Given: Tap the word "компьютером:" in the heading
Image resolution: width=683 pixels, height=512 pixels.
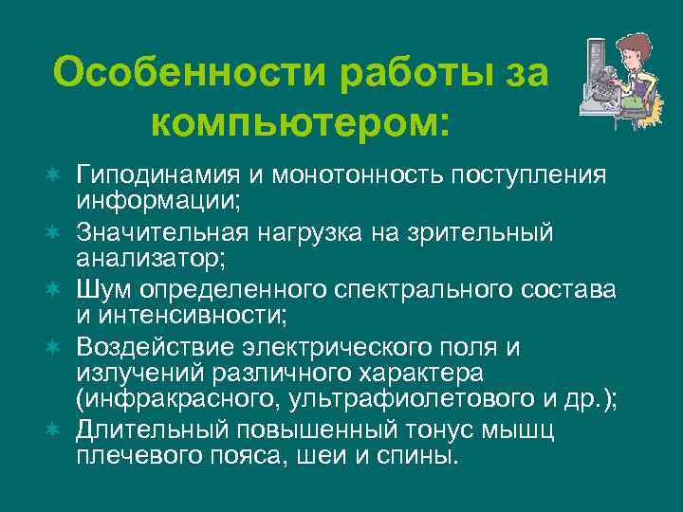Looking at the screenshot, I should [x=300, y=122].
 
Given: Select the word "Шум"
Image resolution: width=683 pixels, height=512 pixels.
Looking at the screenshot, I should [x=101, y=287].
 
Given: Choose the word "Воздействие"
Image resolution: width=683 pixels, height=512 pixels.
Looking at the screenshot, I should [x=146, y=345].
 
